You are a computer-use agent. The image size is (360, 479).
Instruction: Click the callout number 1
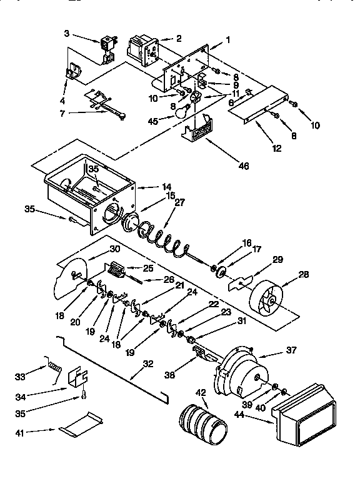(228, 40)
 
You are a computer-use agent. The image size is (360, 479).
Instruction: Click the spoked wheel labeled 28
(266, 296)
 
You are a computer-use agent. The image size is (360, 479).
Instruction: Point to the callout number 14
(167, 186)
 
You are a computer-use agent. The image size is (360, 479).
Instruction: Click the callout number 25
(166, 268)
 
